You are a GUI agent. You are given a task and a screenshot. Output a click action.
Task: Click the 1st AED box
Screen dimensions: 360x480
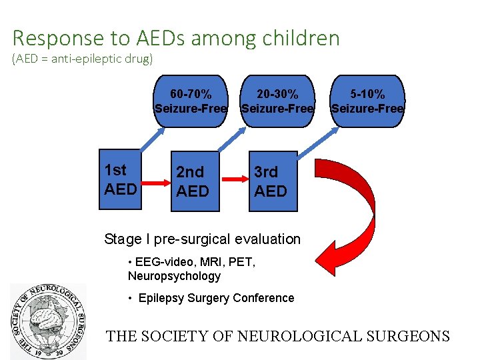[121, 180]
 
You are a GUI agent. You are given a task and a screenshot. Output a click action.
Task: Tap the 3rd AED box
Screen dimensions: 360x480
[271, 181]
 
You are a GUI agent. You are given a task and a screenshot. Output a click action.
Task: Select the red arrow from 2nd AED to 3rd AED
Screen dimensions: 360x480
[234, 179]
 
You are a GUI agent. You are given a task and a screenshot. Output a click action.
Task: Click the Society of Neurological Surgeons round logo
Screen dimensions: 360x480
[48, 321]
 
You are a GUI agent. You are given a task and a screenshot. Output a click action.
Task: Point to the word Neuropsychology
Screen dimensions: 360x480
[173, 276]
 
